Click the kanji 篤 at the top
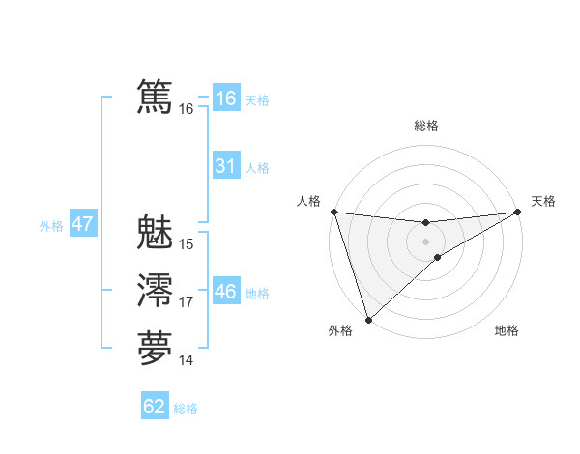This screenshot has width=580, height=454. pyautogui.click(x=155, y=98)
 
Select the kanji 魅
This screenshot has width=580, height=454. pyautogui.click(x=155, y=233)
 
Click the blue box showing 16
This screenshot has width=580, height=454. pyautogui.click(x=225, y=99)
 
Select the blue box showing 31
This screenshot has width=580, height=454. pyautogui.click(x=225, y=166)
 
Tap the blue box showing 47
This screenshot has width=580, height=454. pyautogui.click(x=82, y=224)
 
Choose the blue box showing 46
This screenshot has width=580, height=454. pyautogui.click(x=225, y=292)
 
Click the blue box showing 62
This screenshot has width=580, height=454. pyautogui.click(x=155, y=407)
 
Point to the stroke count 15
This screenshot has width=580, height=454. pyautogui.click(x=187, y=244)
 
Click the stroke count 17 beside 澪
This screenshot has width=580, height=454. pyautogui.click(x=187, y=302)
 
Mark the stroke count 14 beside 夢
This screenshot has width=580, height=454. pyautogui.click(x=187, y=360)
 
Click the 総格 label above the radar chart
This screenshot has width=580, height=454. pyautogui.click(x=426, y=126)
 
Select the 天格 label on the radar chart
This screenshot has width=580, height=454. pyautogui.click(x=543, y=201)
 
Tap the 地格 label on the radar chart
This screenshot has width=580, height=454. pyautogui.click(x=507, y=330)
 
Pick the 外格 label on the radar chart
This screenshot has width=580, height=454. pyautogui.click(x=340, y=330)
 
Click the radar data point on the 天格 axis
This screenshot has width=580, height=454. pyautogui.click(x=518, y=212)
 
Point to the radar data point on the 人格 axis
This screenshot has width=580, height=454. pyautogui.click(x=333, y=212)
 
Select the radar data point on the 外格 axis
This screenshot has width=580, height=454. pyautogui.click(x=368, y=319)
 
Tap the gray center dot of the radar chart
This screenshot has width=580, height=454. pyautogui.click(x=426, y=241)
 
